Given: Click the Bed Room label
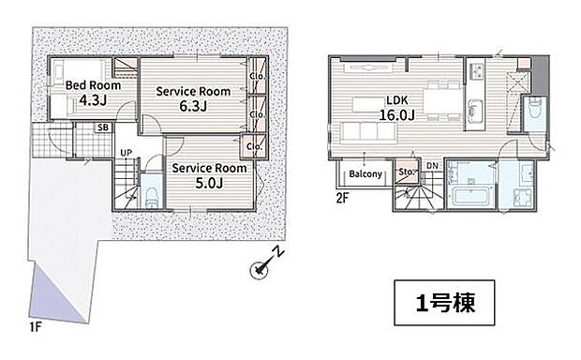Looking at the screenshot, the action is pos(93,85).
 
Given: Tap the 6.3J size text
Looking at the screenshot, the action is pos(193,106).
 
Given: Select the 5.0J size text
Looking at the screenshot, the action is pos(209,183).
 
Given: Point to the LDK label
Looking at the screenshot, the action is pos(396,100).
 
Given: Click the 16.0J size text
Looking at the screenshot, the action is pos(396,115).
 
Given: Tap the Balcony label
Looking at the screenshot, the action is pos(365,173).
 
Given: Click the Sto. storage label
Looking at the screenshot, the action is pos(406,172).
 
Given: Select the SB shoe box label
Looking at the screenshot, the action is pos(103,127).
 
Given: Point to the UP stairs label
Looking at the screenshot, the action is pos(126,153).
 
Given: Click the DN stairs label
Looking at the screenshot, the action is pos(432,166).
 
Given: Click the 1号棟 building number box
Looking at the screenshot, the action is pos(444,303).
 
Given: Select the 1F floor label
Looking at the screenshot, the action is pos(36,327).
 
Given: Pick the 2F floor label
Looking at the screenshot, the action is pos(342,199).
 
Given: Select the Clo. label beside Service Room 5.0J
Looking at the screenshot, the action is pos(254,147).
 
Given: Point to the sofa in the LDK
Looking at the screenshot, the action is pos(368,131).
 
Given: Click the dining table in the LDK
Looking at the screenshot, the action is pos(443,101).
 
